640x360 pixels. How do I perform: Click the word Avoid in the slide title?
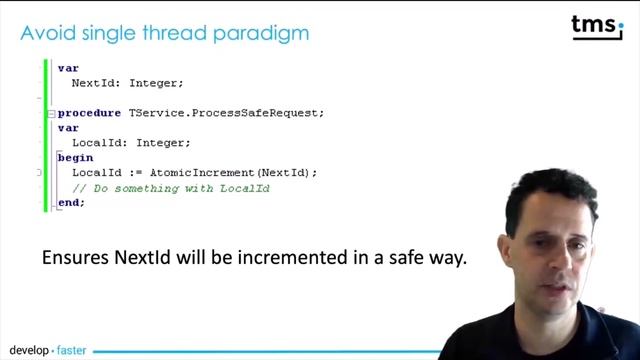44,33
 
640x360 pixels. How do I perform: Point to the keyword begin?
75,157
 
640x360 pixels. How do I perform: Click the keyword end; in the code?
71,202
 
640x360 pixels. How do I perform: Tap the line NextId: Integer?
127,83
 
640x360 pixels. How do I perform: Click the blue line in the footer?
250,351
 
